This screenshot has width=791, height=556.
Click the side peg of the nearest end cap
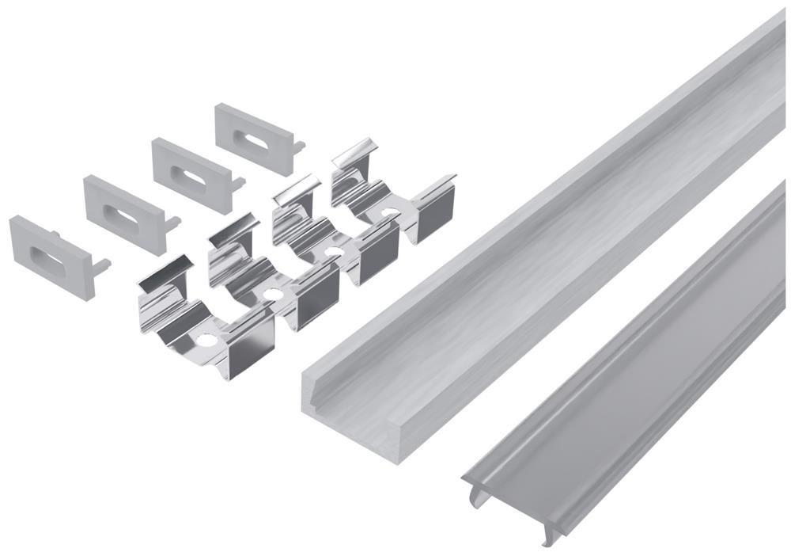[x=102, y=265]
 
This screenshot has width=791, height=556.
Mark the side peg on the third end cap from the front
[x=237, y=182]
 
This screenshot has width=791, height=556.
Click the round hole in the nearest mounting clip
[x=207, y=341]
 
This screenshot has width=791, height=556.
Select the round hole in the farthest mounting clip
[x=390, y=212]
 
